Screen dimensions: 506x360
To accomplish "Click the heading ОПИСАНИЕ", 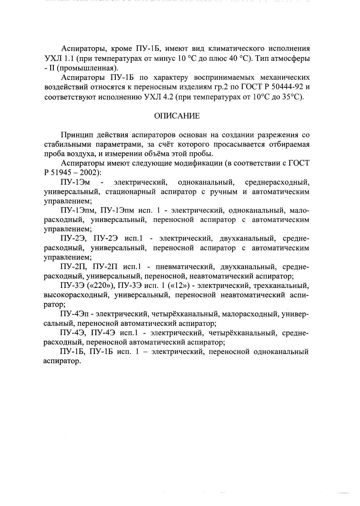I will [177, 116].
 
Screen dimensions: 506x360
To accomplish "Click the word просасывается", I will [232, 144].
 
